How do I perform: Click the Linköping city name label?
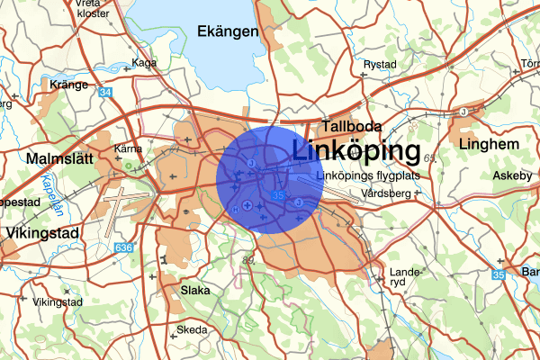(x=357, y=150)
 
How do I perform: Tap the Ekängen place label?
(x=228, y=31)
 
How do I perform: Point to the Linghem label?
(x=489, y=143)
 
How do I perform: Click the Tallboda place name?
(x=353, y=127)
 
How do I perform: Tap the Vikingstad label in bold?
(x=42, y=232)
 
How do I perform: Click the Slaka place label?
(x=195, y=291)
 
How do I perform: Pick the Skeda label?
(x=192, y=330)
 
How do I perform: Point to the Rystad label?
(x=379, y=65)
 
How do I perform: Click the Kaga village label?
(x=144, y=63)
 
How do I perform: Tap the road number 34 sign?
(x=106, y=93)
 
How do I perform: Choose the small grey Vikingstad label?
(x=58, y=302)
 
